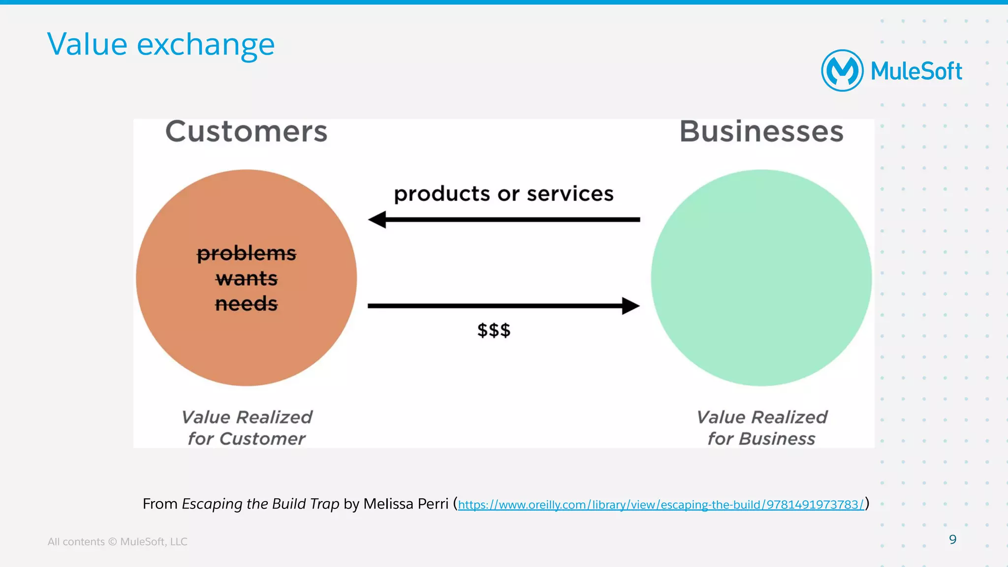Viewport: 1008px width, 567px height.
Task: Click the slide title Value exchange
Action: pos(160,45)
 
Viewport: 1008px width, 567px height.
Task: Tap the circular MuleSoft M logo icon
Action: pos(842,71)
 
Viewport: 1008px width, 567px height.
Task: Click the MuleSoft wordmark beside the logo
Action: pos(916,71)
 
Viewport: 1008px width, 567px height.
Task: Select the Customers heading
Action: pos(246,132)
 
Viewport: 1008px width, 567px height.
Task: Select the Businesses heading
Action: pos(761,132)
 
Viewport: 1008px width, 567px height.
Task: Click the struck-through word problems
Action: pos(247,254)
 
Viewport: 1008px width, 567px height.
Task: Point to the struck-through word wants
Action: pos(247,279)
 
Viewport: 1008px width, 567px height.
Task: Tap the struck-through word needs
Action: pos(247,304)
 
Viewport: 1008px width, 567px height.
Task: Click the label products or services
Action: pos(504,194)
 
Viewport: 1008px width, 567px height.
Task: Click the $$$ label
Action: pos(494,330)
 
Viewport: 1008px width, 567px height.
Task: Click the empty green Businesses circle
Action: pos(761,278)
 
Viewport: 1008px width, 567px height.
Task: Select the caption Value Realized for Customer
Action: pos(247,428)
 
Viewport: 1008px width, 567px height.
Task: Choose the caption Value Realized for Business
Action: pos(761,428)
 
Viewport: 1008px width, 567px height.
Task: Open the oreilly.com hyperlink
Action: pos(661,505)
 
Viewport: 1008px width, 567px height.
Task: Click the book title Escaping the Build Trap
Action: pos(260,504)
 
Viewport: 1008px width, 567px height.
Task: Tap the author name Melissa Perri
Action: pos(406,504)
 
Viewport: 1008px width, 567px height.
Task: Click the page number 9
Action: pos(952,539)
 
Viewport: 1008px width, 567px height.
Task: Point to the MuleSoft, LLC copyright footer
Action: pos(117,541)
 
